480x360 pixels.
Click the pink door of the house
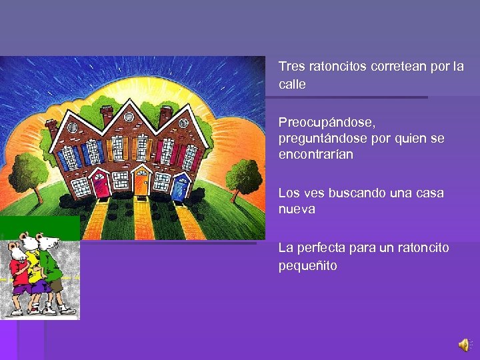click(x=102, y=185)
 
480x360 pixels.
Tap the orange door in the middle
click(x=141, y=183)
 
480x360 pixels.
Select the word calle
click(x=292, y=85)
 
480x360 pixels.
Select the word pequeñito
click(x=308, y=266)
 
